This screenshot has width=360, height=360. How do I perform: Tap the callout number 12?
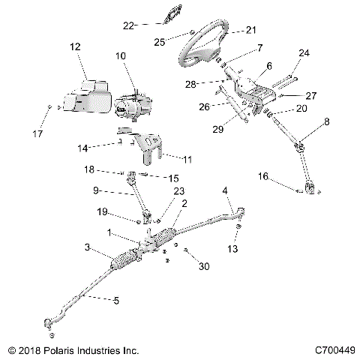click(x=75, y=47)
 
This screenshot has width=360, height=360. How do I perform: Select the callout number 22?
click(x=128, y=25)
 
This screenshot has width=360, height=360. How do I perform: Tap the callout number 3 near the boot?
click(x=88, y=247)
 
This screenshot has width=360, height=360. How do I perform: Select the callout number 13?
click(x=233, y=248)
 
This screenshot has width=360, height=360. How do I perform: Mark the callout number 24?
click(x=303, y=53)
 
